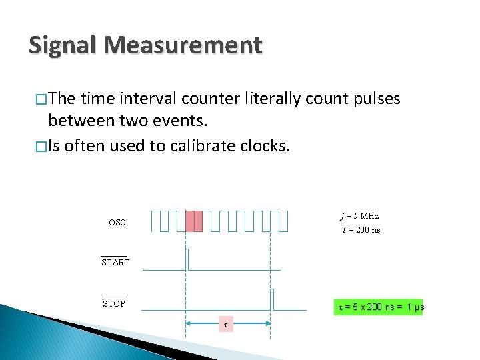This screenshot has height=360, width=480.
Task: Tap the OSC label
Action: pyautogui.click(x=117, y=223)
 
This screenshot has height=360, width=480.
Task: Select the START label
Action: pyautogui.click(x=115, y=263)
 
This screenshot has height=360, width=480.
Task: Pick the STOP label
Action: pyautogui.click(x=114, y=304)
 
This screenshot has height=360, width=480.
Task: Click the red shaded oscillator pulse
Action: pyautogui.click(x=193, y=221)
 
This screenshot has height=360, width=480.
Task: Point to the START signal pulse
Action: pyautogui.click(x=187, y=259)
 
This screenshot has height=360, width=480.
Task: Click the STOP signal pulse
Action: pyautogui.click(x=272, y=299)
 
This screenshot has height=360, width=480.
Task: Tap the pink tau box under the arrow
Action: pyautogui.click(x=225, y=325)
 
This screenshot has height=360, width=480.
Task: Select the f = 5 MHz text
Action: pyautogui.click(x=359, y=215)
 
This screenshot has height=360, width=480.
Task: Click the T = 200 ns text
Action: pyautogui.click(x=361, y=230)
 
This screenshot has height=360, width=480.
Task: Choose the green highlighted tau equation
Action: pyautogui.click(x=377, y=307)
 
